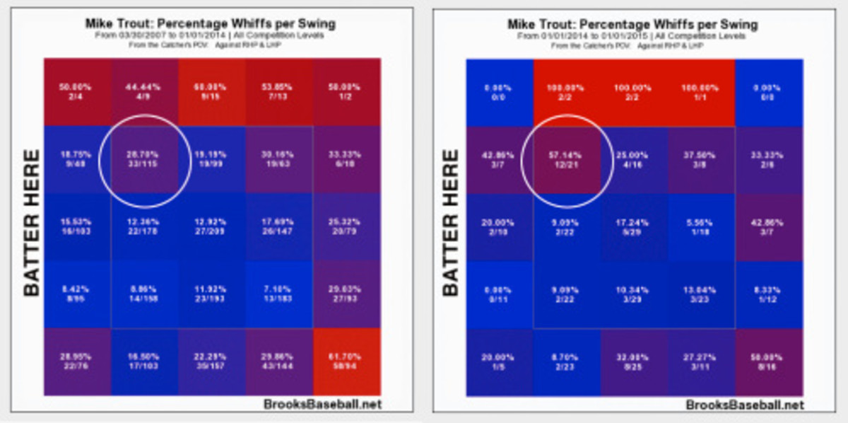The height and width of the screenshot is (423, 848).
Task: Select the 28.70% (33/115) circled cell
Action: pyautogui.click(x=145, y=160)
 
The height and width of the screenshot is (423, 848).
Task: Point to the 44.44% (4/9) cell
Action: pyautogui.click(x=145, y=92)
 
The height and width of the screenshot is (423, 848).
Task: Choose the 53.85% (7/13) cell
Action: pyautogui.click(x=279, y=92)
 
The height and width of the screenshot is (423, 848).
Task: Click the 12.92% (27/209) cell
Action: pyautogui.click(x=212, y=228)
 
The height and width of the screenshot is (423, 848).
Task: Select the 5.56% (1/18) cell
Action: pyautogui.click(x=700, y=228)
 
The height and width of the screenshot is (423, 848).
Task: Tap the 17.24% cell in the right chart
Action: pyautogui.click(x=633, y=228)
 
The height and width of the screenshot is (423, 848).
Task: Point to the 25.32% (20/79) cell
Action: pyautogui.click(x=347, y=228)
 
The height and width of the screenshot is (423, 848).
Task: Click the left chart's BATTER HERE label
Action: pyautogui.click(x=30, y=222)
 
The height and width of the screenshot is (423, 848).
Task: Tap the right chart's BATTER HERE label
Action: pyautogui.click(x=451, y=222)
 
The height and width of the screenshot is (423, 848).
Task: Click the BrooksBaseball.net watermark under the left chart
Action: pyautogui.click(x=324, y=405)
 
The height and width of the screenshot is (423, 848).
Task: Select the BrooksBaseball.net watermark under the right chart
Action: pyautogui.click(x=745, y=405)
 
